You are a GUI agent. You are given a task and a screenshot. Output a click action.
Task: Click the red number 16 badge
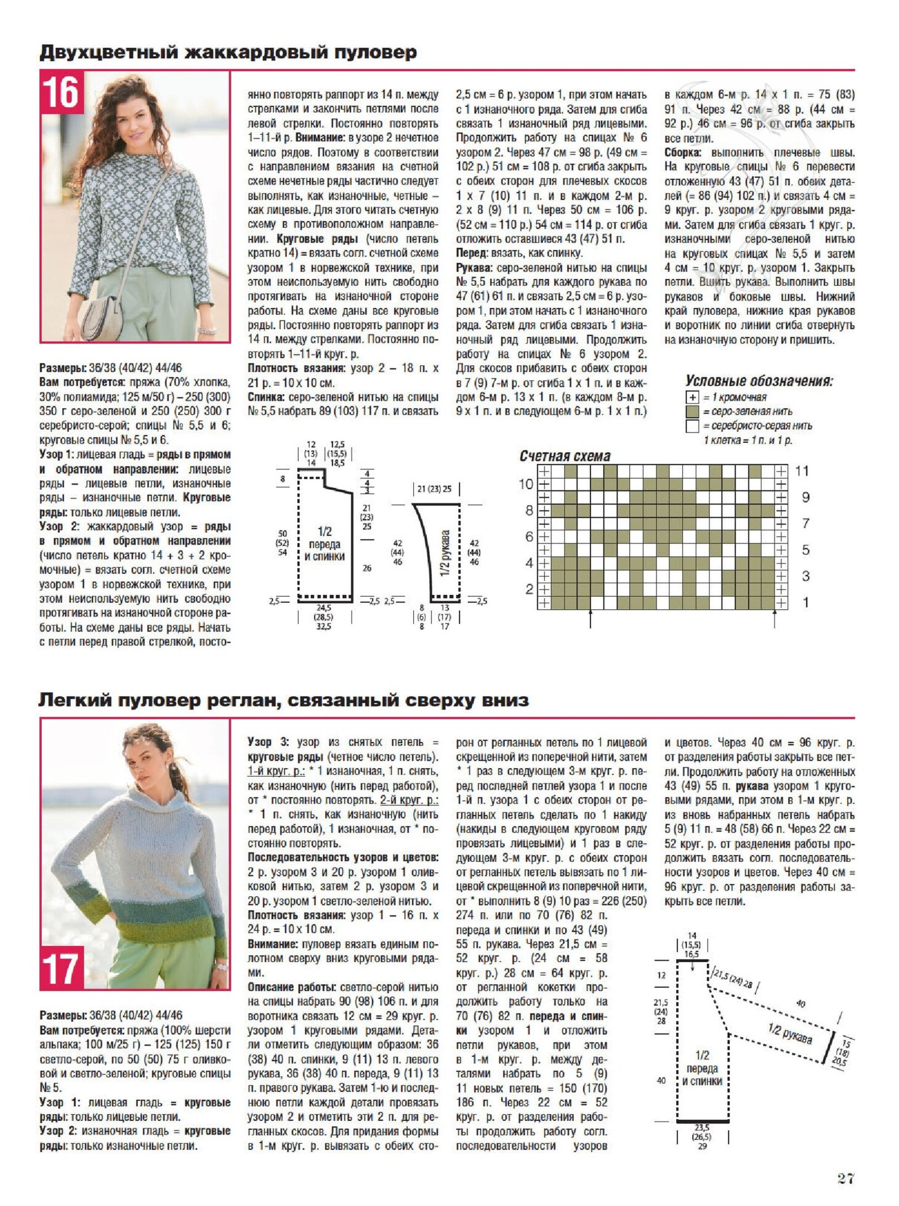tap(62, 92)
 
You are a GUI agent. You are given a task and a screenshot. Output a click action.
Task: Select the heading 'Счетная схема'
tap(565, 456)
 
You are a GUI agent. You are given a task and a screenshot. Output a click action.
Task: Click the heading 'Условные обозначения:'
tap(759, 381)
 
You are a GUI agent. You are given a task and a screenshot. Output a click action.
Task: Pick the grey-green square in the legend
tap(692, 411)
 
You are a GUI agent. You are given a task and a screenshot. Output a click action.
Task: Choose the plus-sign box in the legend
tap(692, 397)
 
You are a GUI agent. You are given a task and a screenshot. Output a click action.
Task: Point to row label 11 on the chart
tap(801, 471)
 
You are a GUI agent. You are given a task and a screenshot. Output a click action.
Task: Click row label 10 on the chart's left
tap(525, 484)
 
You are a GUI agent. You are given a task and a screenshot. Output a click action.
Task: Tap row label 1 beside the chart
tap(805, 602)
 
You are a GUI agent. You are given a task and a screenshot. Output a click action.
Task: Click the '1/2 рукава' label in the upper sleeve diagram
tap(445, 552)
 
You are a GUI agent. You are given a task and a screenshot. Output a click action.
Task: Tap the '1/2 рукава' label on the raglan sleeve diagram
tap(790, 1034)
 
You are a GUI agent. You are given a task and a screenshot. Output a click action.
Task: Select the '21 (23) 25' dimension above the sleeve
tap(434, 489)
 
